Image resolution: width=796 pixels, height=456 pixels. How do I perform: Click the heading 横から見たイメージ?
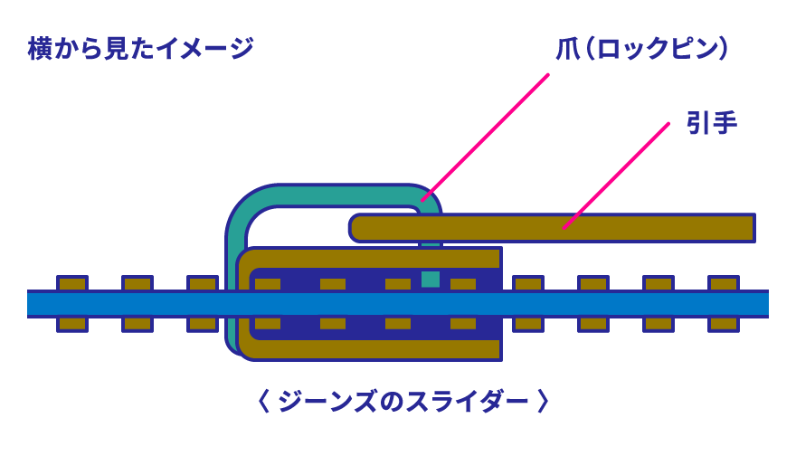pyautogui.click(x=140, y=48)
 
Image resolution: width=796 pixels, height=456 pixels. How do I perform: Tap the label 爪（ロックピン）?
pyautogui.click(x=642, y=49)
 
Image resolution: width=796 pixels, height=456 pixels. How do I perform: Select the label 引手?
pyautogui.click(x=711, y=122)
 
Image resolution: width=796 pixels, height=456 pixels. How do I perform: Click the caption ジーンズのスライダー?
pyautogui.click(x=403, y=401)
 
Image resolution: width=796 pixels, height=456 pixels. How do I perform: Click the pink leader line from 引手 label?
pyautogui.click(x=616, y=176)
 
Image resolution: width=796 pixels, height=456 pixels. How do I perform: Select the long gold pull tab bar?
pyautogui.click(x=552, y=228)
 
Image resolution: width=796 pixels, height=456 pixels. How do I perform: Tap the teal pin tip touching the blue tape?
pyautogui.click(x=431, y=280)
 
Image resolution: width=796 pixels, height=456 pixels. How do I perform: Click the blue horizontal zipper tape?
pyautogui.click(x=398, y=304)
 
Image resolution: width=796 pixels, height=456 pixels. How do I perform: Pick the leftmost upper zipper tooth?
pyautogui.click(x=72, y=283)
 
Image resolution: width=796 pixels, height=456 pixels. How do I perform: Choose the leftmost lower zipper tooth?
pyautogui.click(x=72, y=324)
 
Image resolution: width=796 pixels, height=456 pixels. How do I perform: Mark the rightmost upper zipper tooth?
pyautogui.click(x=723, y=283)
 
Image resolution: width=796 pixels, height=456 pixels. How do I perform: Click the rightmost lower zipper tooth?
pyautogui.click(x=723, y=324)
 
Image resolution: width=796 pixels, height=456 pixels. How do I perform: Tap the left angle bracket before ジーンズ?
pyautogui.click(x=263, y=401)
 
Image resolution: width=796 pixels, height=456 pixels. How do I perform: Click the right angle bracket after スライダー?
pyautogui.click(x=543, y=401)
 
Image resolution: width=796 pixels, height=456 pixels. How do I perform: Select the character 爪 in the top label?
pyautogui.click(x=567, y=49)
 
